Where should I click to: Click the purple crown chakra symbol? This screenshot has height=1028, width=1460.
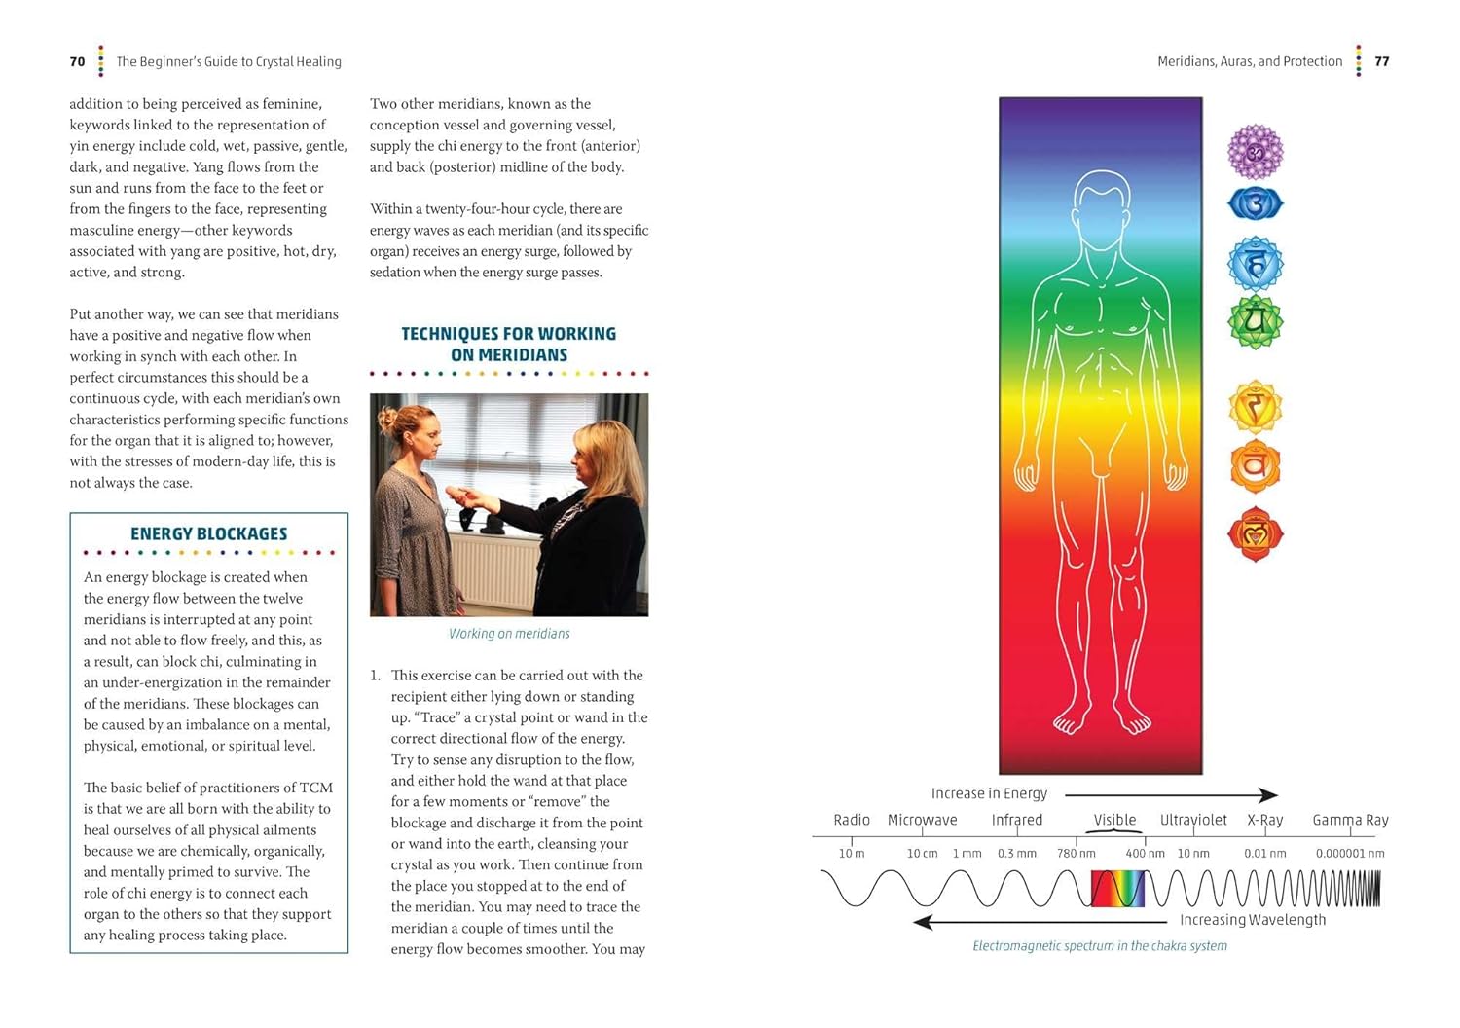pyautogui.click(x=1255, y=151)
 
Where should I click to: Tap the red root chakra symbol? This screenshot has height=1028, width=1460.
pyautogui.click(x=1255, y=533)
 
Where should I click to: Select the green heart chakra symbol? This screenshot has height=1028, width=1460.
pyautogui.click(x=1255, y=321)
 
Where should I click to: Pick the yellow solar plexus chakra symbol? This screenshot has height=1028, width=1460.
pyautogui.click(x=1255, y=407)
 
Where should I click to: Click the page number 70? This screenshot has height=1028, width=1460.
pyautogui.click(x=78, y=61)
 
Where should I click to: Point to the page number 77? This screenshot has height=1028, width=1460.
pyautogui.click(x=1381, y=61)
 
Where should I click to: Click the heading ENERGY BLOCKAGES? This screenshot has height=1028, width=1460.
pyautogui.click(x=208, y=533)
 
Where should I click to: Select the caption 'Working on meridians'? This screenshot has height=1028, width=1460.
pyautogui.click(x=509, y=634)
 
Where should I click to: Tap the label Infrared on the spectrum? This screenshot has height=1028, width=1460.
pyautogui.click(x=1016, y=820)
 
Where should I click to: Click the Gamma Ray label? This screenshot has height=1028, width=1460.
pyautogui.click(x=1350, y=820)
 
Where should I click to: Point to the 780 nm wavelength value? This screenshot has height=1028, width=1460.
pyautogui.click(x=1076, y=854)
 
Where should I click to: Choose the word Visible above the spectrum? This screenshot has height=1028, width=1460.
pyautogui.click(x=1114, y=820)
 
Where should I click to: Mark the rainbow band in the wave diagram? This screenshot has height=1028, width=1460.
pyautogui.click(x=1117, y=889)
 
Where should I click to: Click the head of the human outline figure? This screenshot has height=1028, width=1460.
pyautogui.click(x=1101, y=204)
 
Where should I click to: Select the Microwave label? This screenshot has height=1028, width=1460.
pyautogui.click(x=922, y=820)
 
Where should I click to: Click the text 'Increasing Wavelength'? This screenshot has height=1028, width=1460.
pyautogui.click(x=1253, y=920)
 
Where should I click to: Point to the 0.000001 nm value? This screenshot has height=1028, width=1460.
pyautogui.click(x=1350, y=854)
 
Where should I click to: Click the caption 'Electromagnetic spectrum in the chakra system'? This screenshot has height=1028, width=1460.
pyautogui.click(x=1100, y=946)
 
